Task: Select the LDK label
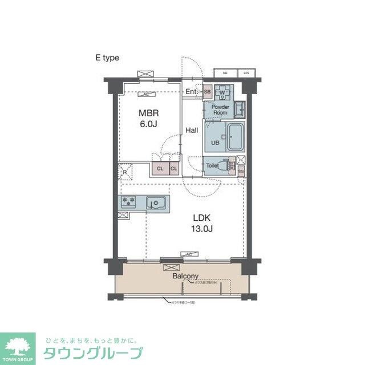[x=201, y=218]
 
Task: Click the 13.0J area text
[x=201, y=229]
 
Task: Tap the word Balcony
[x=185, y=275]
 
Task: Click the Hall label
[x=192, y=131]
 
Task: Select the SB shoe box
[x=207, y=92]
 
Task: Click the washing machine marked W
[x=224, y=92]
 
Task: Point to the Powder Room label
[x=220, y=109]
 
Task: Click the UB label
[x=216, y=143]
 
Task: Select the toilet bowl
[x=229, y=165]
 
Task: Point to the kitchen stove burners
[x=128, y=201]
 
